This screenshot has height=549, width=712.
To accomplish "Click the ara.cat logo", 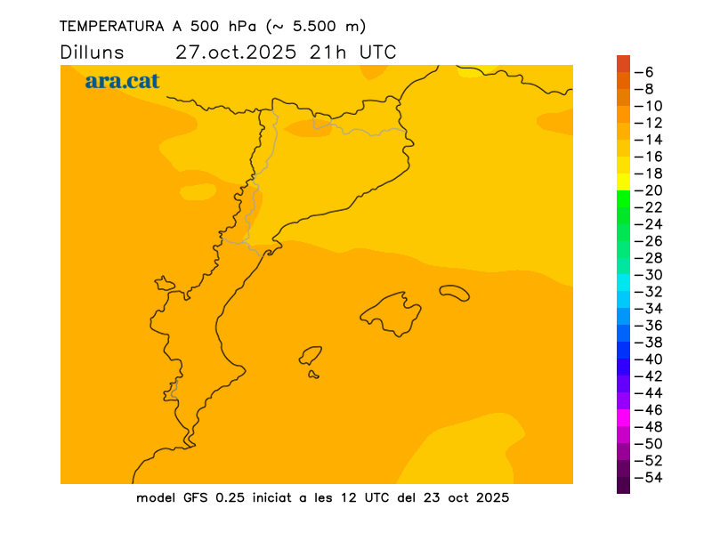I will click(122, 81).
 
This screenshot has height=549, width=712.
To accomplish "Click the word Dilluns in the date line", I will click(92, 52).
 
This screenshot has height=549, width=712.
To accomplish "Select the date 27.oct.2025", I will click(237, 52).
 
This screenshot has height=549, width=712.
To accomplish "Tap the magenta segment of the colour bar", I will click(623, 418).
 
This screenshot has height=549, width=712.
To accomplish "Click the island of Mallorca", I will click(392, 313).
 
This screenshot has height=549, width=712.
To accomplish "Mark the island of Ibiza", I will click(311, 356).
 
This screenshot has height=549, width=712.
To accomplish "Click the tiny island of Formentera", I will click(313, 375).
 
